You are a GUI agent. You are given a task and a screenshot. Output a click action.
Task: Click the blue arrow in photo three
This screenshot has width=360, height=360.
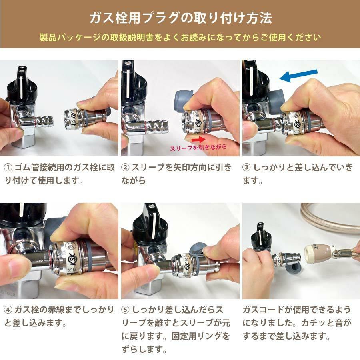[x=298, y=76]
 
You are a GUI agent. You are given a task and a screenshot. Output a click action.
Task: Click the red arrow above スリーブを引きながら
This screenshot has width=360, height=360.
[x=198, y=139]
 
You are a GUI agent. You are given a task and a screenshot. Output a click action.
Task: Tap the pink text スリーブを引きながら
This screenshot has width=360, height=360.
[x=198, y=147]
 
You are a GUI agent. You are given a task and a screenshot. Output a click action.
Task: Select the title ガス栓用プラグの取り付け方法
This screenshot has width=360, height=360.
[x=181, y=18]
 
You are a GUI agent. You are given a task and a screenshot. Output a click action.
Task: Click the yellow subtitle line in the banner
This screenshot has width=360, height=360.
[x=180, y=37]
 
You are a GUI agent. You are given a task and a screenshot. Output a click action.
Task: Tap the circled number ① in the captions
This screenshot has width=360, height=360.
[x=8, y=167]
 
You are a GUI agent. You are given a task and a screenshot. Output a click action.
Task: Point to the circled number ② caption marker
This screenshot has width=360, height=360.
[x=125, y=167]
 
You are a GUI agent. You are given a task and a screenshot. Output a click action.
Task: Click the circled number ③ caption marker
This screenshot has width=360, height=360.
[x=246, y=167]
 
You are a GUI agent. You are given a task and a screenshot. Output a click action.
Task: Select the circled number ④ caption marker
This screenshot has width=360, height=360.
[x=8, y=310]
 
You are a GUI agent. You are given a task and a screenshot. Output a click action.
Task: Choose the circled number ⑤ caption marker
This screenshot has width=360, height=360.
[x=125, y=310]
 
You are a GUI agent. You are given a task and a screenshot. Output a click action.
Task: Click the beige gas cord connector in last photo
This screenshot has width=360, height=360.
[x=320, y=252]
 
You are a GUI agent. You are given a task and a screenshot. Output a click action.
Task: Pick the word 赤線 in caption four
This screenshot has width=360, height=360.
[x=56, y=310]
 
